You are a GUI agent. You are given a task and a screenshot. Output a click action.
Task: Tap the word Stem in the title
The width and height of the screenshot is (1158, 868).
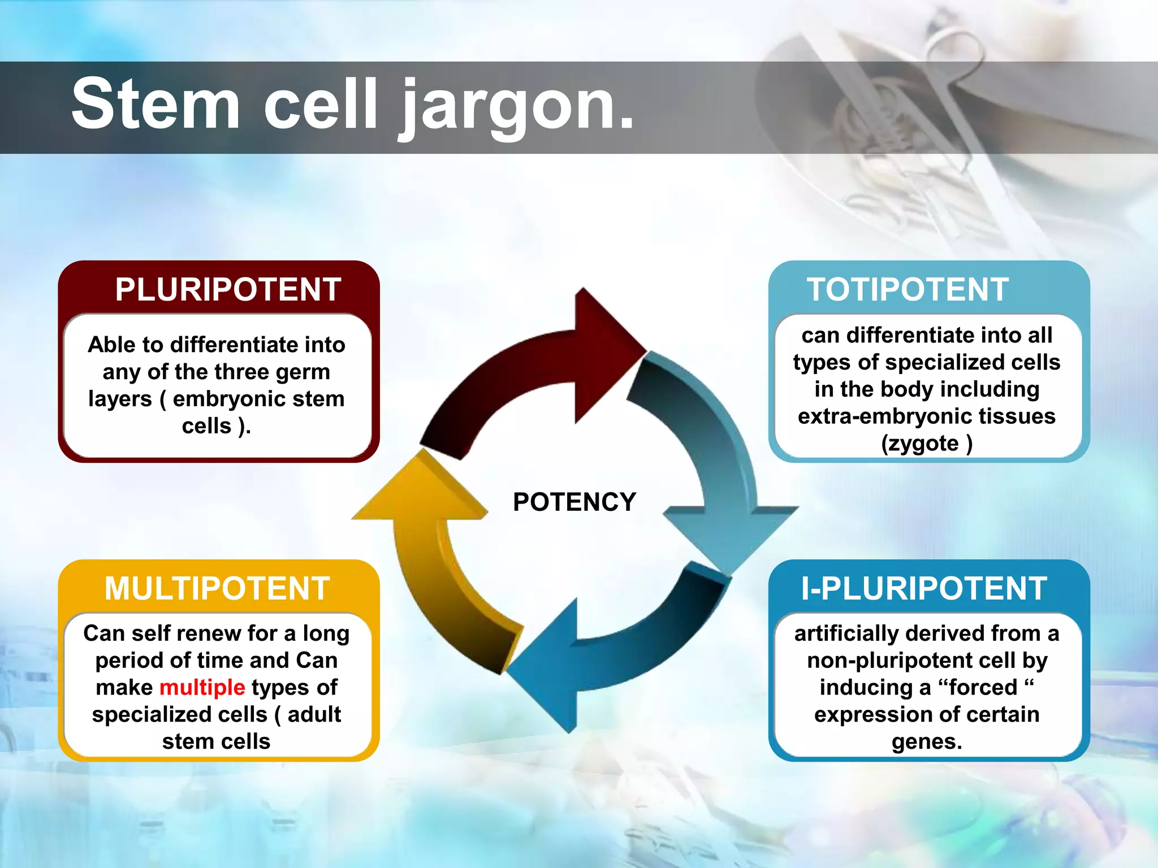(156, 105)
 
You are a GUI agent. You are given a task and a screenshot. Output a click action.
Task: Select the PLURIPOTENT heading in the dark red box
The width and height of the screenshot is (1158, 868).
(228, 289)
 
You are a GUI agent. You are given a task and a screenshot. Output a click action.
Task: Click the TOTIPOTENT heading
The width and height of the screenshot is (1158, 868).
(908, 289)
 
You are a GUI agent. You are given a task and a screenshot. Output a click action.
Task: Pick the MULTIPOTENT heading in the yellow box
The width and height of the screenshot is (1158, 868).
(217, 588)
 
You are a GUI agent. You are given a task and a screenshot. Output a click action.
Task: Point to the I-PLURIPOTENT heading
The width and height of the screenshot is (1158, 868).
(924, 588)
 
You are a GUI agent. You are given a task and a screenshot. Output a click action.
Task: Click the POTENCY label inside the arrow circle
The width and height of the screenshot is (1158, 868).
(574, 502)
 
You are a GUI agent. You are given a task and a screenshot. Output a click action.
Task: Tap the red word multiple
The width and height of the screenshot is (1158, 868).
(202, 688)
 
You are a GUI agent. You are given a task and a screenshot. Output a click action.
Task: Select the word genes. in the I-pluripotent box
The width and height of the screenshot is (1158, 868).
(927, 741)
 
